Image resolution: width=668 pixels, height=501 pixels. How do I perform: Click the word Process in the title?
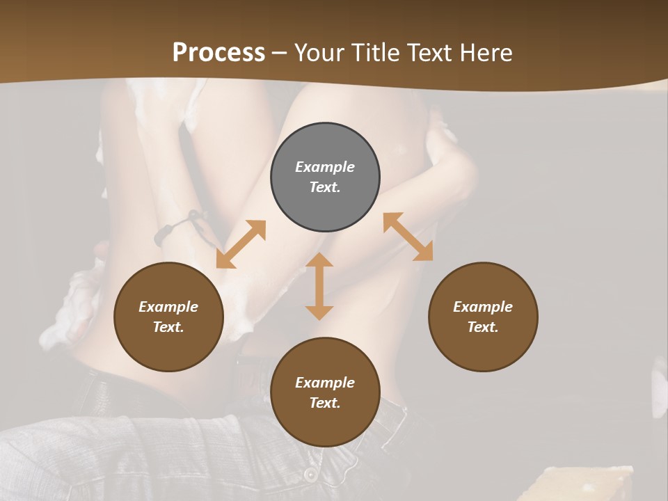(218, 53)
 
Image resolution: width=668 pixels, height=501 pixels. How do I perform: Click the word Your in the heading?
(321, 53)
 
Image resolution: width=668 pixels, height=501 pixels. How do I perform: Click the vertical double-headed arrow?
(319, 286)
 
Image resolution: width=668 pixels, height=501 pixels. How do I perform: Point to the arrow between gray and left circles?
(241, 244)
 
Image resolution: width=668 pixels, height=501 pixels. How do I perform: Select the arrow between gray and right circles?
(408, 237)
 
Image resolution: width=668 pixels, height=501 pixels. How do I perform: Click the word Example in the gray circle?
(325, 167)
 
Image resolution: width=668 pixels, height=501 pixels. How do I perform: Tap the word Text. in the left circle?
(168, 327)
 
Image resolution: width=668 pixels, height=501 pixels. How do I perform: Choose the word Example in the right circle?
(483, 307)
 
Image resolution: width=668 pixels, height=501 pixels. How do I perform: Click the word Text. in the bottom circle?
(325, 403)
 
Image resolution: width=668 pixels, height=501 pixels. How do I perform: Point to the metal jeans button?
(309, 474)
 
